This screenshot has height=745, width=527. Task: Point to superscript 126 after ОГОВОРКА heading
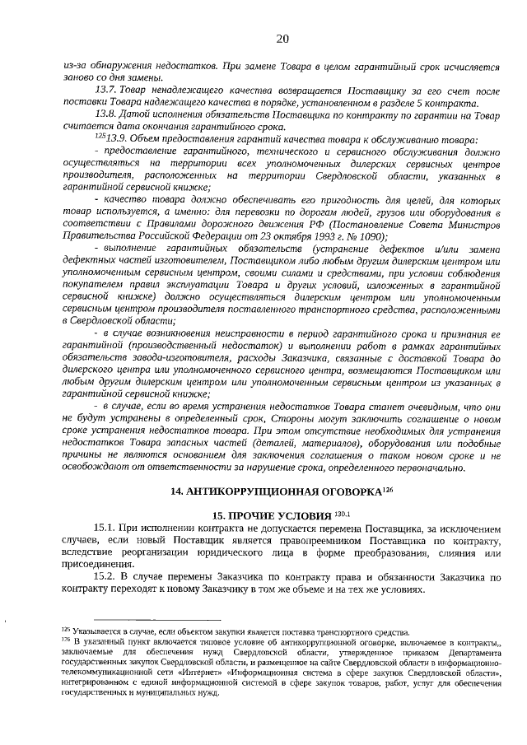[x=389, y=488]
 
